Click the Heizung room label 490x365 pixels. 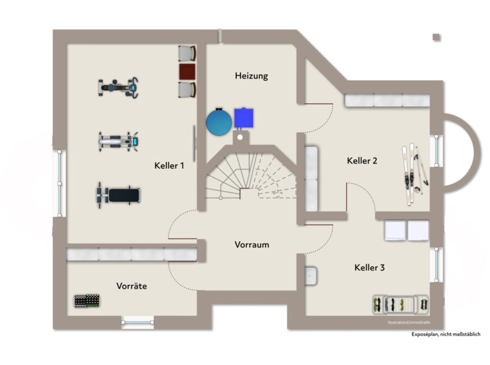pyautogui.click(x=251, y=76)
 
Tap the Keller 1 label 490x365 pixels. pyautogui.click(x=169, y=166)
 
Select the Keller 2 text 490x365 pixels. pyautogui.click(x=362, y=161)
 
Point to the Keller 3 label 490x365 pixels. pyautogui.click(x=369, y=268)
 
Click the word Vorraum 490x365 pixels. pyautogui.click(x=252, y=245)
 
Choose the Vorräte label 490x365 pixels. pyautogui.click(x=132, y=286)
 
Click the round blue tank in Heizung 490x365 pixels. pyautogui.click(x=219, y=122)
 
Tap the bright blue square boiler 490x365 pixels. pyautogui.click(x=244, y=118)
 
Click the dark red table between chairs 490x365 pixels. pyautogui.click(x=187, y=71)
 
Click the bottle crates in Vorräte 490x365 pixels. pyautogui.click(x=87, y=301)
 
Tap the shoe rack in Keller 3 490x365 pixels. pyautogui.click(x=401, y=304)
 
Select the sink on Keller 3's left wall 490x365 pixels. pyautogui.click(x=311, y=276)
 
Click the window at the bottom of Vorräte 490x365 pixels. pyautogui.click(x=138, y=322)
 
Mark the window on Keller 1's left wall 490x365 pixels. pyautogui.click(x=59, y=183)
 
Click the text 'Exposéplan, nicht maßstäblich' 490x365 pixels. pyautogui.click(x=446, y=334)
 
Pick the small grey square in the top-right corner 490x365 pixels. pyautogui.click(x=437, y=38)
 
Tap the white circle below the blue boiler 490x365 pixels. pyautogui.click(x=240, y=137)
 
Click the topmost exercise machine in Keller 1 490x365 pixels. pyautogui.click(x=119, y=87)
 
